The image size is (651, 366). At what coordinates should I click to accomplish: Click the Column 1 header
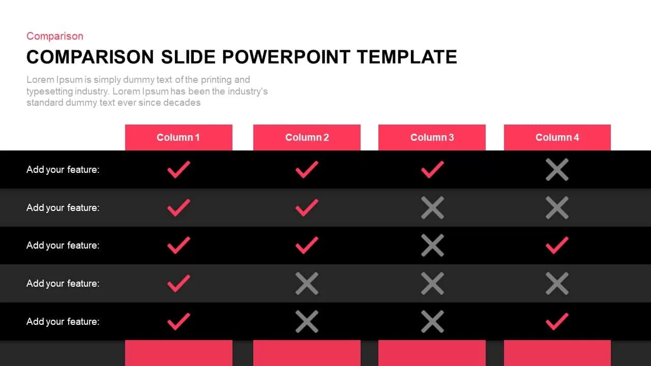178,137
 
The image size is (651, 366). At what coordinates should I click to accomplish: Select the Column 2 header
307,137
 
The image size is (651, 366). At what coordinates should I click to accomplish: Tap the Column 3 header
432,137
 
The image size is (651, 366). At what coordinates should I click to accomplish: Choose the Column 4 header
557,137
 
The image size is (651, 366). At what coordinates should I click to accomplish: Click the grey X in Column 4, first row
557,170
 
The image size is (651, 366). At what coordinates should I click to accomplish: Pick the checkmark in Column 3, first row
432,170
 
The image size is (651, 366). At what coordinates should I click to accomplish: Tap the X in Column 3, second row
432,208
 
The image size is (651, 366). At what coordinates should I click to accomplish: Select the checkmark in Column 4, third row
557,246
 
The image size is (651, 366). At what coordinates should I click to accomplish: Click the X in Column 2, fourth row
307,284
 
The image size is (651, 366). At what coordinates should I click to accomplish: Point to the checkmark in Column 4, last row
557,321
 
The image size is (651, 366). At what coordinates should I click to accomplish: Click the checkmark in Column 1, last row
179,321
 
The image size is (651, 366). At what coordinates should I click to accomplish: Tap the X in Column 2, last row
307,321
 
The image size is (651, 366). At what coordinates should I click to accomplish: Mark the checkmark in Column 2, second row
307,208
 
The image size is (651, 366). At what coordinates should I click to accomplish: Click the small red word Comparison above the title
54,36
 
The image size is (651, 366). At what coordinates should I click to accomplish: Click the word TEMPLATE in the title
406,57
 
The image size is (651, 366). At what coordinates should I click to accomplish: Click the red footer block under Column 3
432,353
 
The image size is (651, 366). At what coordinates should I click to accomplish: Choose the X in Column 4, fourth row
557,284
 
